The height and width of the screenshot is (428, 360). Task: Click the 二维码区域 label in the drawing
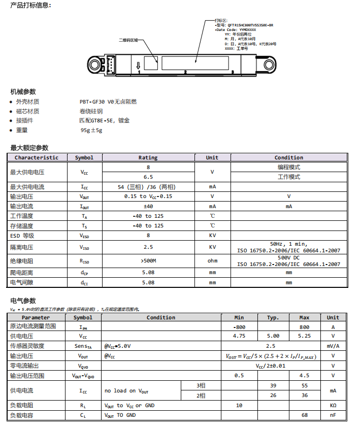point(128,40)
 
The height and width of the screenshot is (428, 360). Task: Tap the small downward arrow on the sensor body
point(138,65)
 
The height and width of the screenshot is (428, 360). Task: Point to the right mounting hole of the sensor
point(267,63)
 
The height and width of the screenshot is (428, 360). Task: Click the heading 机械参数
point(23,92)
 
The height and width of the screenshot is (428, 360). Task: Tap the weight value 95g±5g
point(91,130)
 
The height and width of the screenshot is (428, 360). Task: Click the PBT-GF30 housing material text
point(108,102)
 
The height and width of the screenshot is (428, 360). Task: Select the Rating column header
point(148,157)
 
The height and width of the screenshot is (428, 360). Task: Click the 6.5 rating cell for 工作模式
point(148,177)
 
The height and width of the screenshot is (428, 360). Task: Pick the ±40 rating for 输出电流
point(148,206)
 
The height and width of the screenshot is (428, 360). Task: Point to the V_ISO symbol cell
point(84,247)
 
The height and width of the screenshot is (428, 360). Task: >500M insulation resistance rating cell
point(148,261)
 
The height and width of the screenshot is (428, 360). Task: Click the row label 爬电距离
point(21,273)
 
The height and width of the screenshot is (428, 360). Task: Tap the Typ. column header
point(273,317)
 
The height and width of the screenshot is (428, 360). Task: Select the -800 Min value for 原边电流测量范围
point(239,327)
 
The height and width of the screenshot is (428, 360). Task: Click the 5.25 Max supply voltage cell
point(304,336)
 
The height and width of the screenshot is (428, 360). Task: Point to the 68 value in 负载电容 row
point(305,415)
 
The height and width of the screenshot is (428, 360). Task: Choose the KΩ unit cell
point(333,405)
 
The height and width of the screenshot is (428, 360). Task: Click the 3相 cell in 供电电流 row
point(201,385)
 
